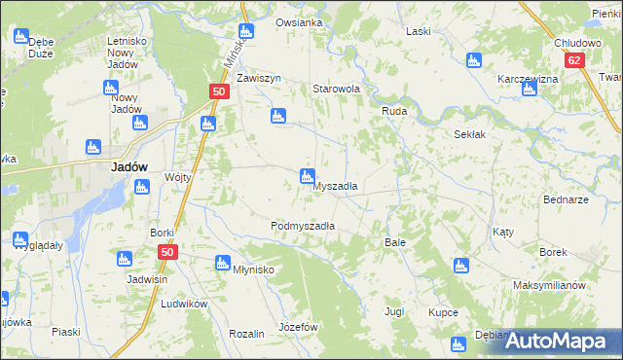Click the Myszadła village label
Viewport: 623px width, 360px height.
tap(336, 186)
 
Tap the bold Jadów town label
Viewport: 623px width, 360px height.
tap(128, 166)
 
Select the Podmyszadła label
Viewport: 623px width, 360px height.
tap(303, 226)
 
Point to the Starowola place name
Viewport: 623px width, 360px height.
tap(336, 89)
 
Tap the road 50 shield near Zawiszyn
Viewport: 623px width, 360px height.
tap(218, 91)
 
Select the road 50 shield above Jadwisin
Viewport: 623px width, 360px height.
tap(167, 252)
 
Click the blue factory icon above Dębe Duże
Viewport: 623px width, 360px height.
tap(21, 36)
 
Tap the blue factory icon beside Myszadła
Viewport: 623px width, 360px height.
tap(306, 175)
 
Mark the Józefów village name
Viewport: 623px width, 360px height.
tap(299, 327)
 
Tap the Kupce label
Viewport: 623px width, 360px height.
tap(443, 313)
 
